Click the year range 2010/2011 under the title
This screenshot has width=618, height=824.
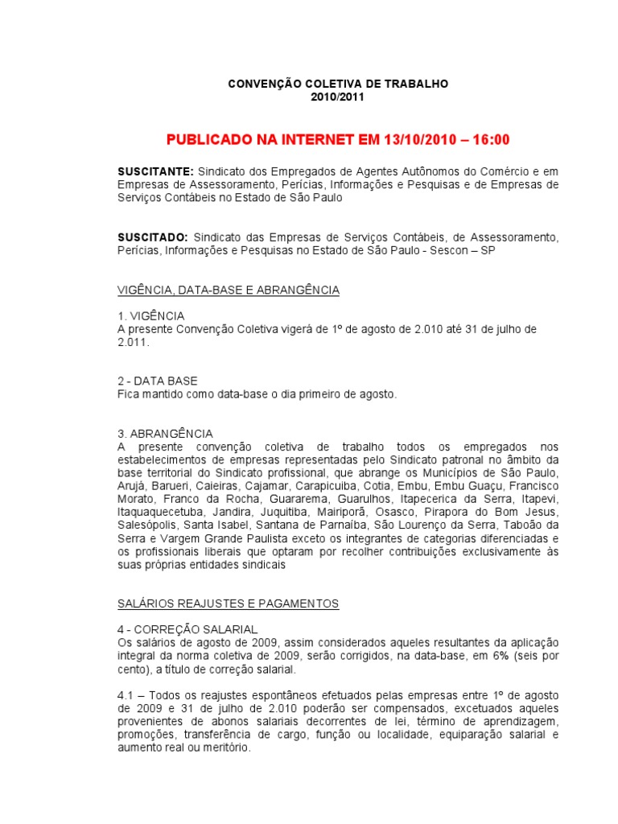[x=337, y=97]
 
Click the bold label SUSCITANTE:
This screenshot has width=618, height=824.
[x=155, y=171]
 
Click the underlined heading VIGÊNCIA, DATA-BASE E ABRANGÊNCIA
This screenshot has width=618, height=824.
[x=229, y=290]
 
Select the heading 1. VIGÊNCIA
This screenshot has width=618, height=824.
[x=151, y=315]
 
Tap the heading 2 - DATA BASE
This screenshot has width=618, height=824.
[x=158, y=381]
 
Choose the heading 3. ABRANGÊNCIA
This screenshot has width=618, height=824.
[x=165, y=434]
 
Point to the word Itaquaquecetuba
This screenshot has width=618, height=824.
[x=159, y=511]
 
